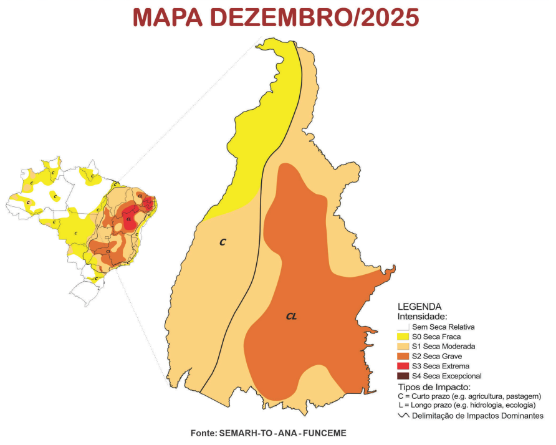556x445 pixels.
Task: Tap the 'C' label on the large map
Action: click(223, 242)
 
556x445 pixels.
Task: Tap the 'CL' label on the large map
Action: click(291, 317)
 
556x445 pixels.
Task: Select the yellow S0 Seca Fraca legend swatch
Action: click(403, 337)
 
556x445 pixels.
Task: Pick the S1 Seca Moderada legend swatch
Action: click(403, 347)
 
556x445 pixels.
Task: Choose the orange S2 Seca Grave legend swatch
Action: click(403, 356)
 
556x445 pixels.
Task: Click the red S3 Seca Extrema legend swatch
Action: click(403, 366)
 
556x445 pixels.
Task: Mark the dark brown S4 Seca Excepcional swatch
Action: click(403, 376)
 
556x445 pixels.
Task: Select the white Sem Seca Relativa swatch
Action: click(403, 327)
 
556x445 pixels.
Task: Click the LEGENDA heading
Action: click(419, 307)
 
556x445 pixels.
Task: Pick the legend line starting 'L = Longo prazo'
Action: click(467, 405)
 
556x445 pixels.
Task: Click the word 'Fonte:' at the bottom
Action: click(204, 433)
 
